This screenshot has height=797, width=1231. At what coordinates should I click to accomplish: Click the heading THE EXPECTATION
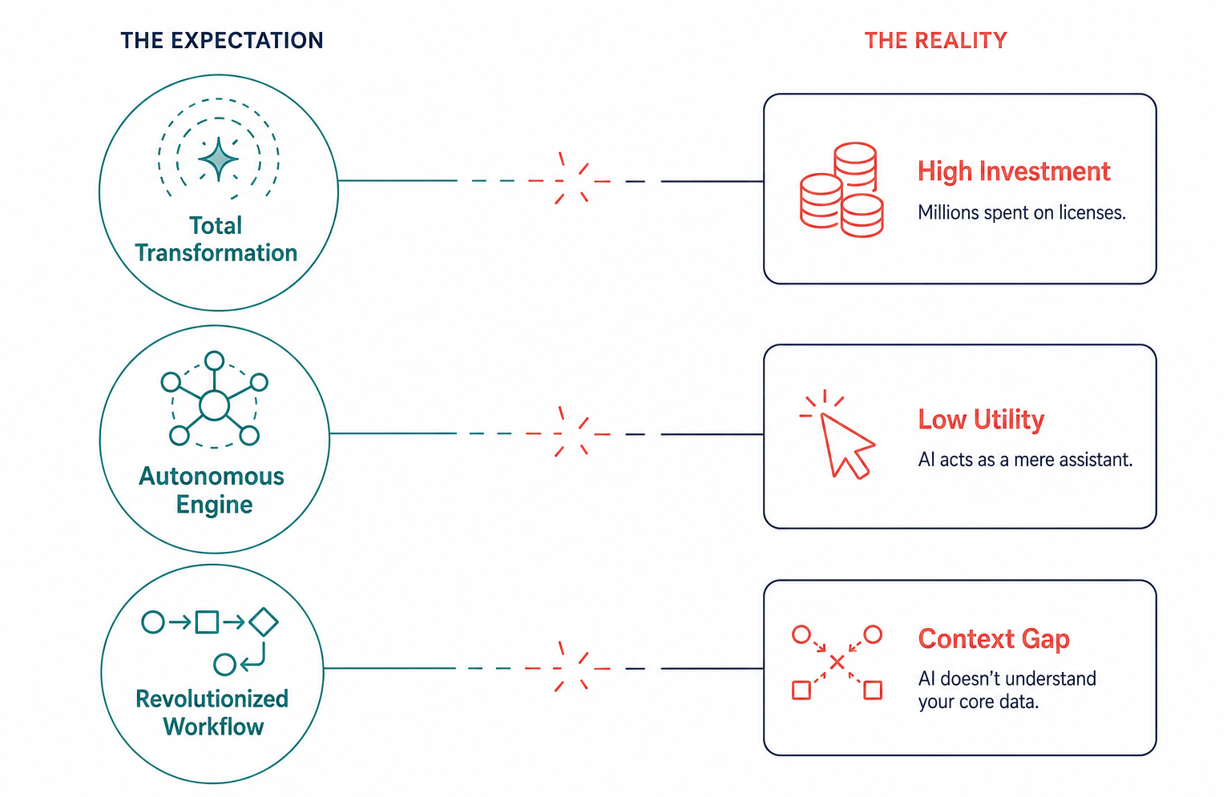tap(222, 41)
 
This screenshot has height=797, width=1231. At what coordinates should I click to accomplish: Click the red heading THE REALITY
tap(936, 41)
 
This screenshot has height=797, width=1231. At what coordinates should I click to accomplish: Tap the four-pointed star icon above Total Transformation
tap(219, 159)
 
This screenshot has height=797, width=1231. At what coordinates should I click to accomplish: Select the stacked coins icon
tap(842, 190)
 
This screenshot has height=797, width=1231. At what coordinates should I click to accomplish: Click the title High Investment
tap(1014, 171)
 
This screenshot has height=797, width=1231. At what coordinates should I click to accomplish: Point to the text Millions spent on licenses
tap(1022, 212)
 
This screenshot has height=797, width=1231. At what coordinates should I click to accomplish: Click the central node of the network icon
tap(214, 405)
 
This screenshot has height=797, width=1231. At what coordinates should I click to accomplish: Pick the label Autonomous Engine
tap(212, 490)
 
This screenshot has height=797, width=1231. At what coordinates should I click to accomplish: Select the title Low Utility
tap(981, 420)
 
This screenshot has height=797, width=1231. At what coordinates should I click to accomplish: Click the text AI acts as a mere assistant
tap(1026, 460)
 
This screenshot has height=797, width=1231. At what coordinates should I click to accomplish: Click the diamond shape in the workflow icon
tap(264, 622)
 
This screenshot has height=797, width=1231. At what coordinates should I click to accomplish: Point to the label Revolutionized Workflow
tap(212, 713)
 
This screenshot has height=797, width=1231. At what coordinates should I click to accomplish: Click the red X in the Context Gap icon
tap(837, 662)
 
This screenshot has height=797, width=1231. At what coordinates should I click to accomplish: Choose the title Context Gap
tap(994, 639)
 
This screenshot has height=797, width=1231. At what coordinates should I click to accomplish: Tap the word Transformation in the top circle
tap(216, 253)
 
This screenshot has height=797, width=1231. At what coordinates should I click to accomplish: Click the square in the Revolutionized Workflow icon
tap(208, 622)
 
